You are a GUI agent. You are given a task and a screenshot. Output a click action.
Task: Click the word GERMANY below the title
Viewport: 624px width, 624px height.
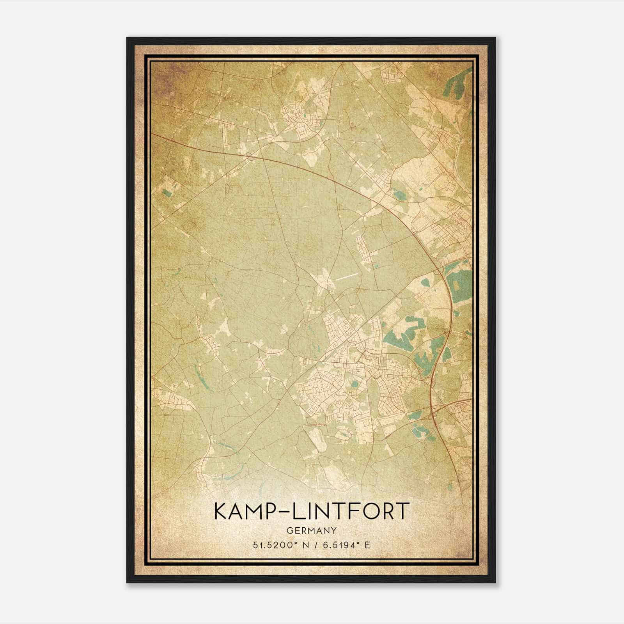click(312, 530)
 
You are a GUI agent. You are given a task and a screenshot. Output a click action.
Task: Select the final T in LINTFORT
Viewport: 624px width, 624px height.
click(403, 511)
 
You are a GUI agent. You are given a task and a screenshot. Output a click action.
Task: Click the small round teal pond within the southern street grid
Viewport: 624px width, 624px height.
click(355, 384)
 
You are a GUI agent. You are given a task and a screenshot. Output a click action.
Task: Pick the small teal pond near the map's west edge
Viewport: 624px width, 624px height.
click(168, 192)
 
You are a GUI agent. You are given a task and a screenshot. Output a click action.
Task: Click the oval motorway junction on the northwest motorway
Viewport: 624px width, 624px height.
click(249, 156)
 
